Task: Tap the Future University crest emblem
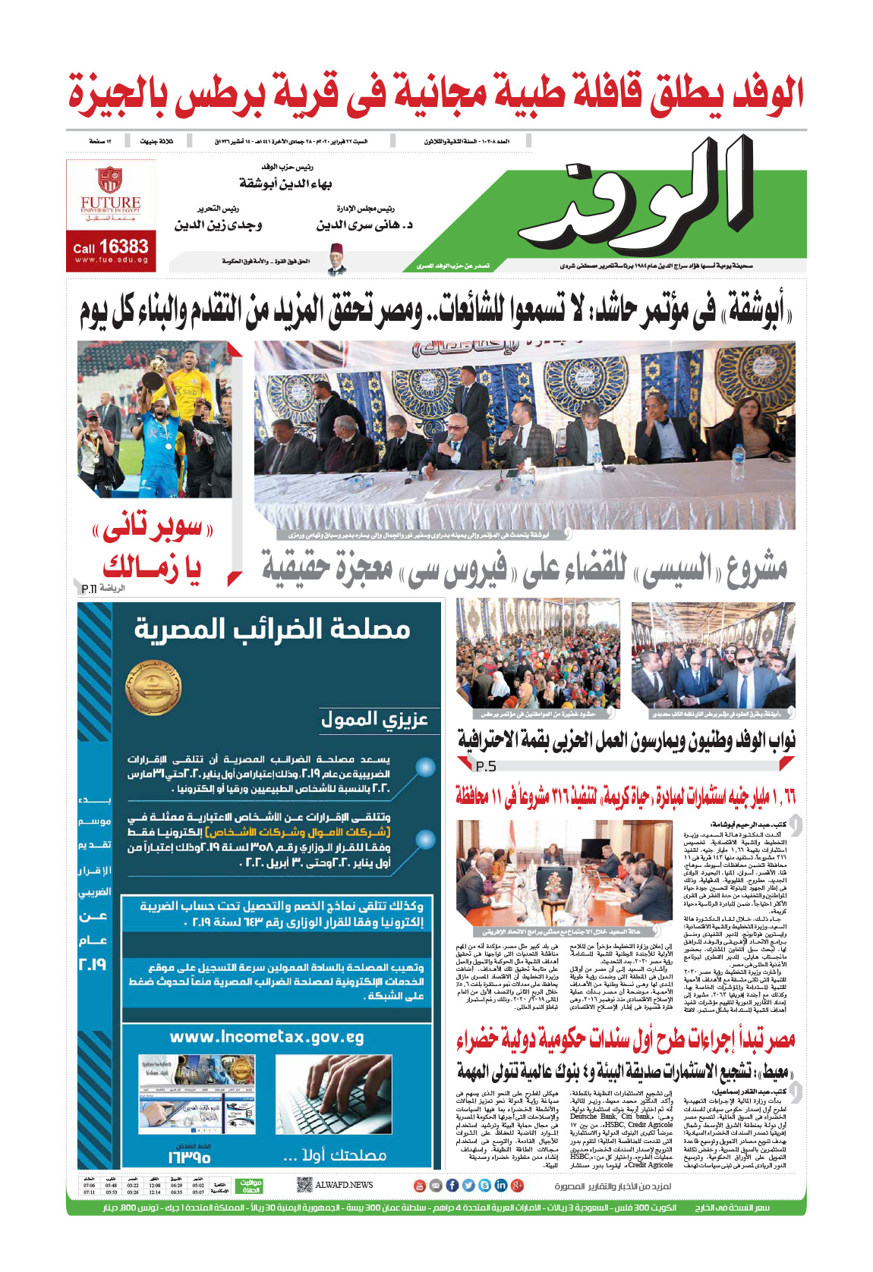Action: pos(110,180)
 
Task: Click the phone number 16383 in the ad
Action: pos(123,247)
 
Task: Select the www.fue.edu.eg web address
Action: pos(111,260)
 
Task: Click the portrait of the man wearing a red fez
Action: pos(337,260)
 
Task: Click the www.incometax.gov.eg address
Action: pos(266,1037)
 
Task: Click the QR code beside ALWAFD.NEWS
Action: pos(304,1185)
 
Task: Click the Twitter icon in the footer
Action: pos(468,1186)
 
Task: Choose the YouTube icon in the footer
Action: pos(419,1186)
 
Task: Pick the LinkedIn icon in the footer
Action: pos(501,1186)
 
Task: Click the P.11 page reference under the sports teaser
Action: pos(89,589)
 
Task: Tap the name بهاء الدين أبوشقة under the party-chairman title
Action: pos(285,184)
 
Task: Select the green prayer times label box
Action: pos(251,1185)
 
